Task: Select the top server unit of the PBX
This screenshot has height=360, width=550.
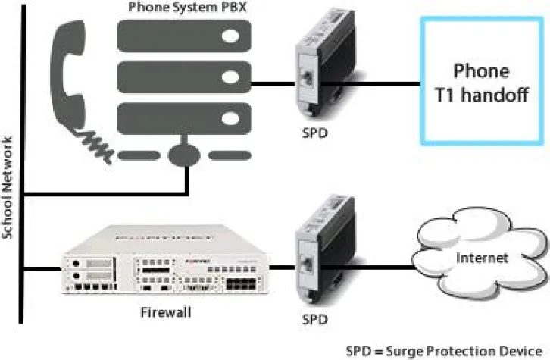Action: pos(186,36)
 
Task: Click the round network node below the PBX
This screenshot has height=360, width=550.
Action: pos(186,155)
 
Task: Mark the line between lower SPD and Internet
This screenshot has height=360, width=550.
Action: pos(379,266)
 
